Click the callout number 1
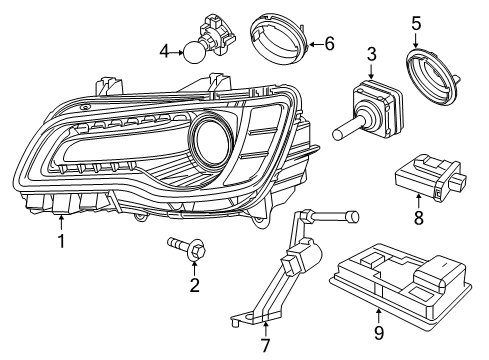point(61,240)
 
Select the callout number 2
point(194,287)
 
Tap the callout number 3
point(370,53)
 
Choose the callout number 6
point(329,43)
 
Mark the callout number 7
point(265,346)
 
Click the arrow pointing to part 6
point(314,43)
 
